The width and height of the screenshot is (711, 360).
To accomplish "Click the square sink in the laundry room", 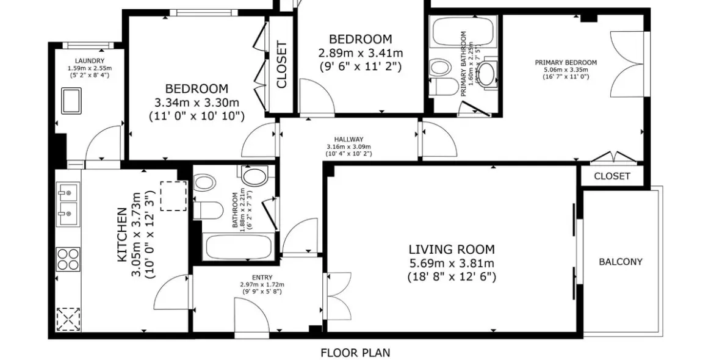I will [x=72, y=100].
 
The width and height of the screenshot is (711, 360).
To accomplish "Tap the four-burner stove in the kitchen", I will [x=68, y=258].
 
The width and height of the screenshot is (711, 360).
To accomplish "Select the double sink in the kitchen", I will [x=68, y=203].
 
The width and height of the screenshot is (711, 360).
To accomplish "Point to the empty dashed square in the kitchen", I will [x=173, y=196].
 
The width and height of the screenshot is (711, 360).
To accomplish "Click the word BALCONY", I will [x=620, y=262].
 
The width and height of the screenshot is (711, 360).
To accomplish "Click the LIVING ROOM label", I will [x=451, y=249].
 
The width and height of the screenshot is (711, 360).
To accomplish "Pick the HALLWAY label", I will [x=348, y=139].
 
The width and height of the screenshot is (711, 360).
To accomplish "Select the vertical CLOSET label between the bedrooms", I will [x=282, y=65].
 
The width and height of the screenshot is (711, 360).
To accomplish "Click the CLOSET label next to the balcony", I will [x=612, y=176].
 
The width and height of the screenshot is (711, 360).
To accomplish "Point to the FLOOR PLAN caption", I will [x=355, y=353].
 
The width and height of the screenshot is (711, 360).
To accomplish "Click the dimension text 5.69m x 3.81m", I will [x=451, y=263].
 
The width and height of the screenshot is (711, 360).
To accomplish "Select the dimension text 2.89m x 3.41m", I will [x=360, y=53].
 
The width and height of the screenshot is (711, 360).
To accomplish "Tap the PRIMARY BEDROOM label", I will [x=566, y=62].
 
